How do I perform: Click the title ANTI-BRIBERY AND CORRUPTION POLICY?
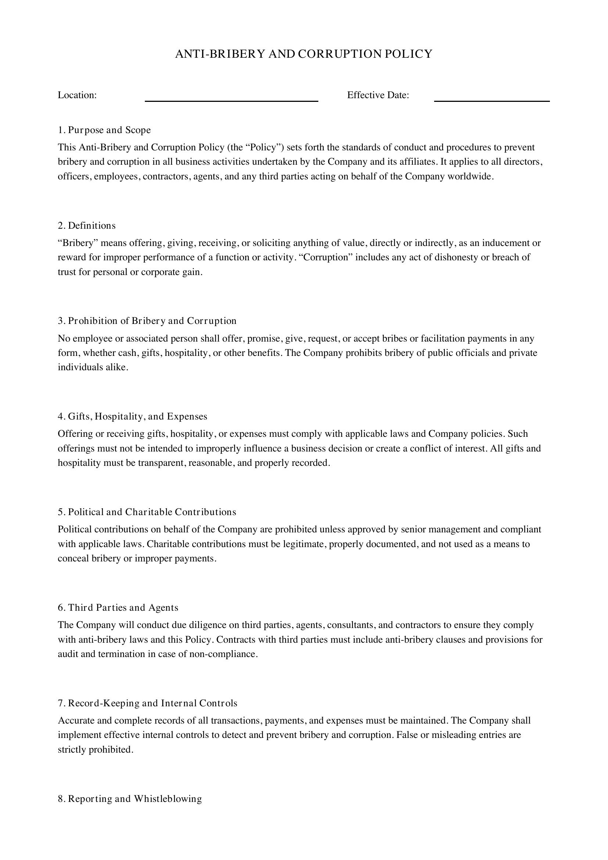[304, 54]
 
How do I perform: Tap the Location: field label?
[77, 95]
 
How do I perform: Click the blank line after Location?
[231, 98]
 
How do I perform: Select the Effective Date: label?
[378, 95]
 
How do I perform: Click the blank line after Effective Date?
[491, 98]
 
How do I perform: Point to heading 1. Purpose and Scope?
[104, 130]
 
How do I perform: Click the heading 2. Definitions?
[86, 225]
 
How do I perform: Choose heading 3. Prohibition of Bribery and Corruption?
[147, 321]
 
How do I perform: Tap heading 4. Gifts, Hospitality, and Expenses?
[132, 417]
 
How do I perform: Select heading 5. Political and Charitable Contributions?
[147, 512]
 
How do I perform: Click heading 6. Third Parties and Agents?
[118, 607]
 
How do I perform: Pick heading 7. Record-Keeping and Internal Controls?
[147, 703]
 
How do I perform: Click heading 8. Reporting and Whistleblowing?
[129, 799]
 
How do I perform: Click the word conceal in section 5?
[74, 559]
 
